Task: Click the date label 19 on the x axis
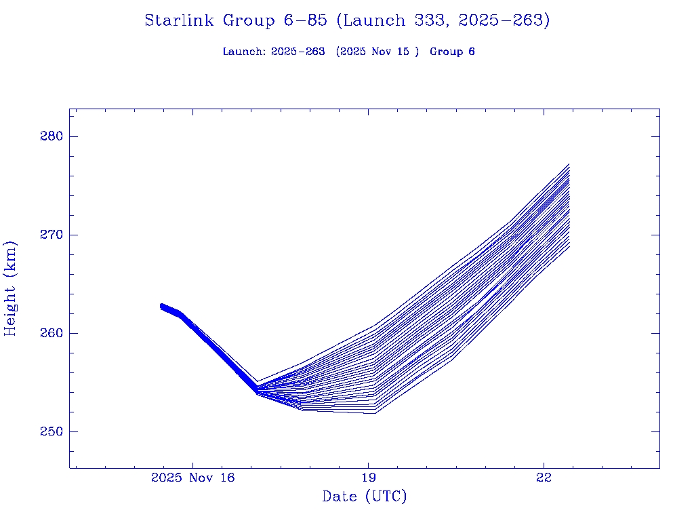pyautogui.click(x=368, y=478)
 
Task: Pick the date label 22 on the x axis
pyautogui.click(x=544, y=478)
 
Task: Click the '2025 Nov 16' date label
pyautogui.click(x=192, y=478)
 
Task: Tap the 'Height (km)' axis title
pyautogui.click(x=10, y=288)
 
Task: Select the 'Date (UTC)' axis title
pyautogui.click(x=365, y=497)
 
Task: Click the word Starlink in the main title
pyautogui.click(x=182, y=21)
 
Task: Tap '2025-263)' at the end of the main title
pyautogui.click(x=504, y=21)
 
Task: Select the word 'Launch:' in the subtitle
pyautogui.click(x=245, y=52)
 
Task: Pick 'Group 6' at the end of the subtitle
pyautogui.click(x=452, y=52)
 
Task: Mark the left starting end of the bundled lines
pyautogui.click(x=161, y=307)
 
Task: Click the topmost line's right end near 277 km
pyautogui.click(x=569, y=164)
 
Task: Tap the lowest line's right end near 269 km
pyautogui.click(x=569, y=246)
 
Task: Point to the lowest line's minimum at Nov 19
pyautogui.click(x=374, y=413)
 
